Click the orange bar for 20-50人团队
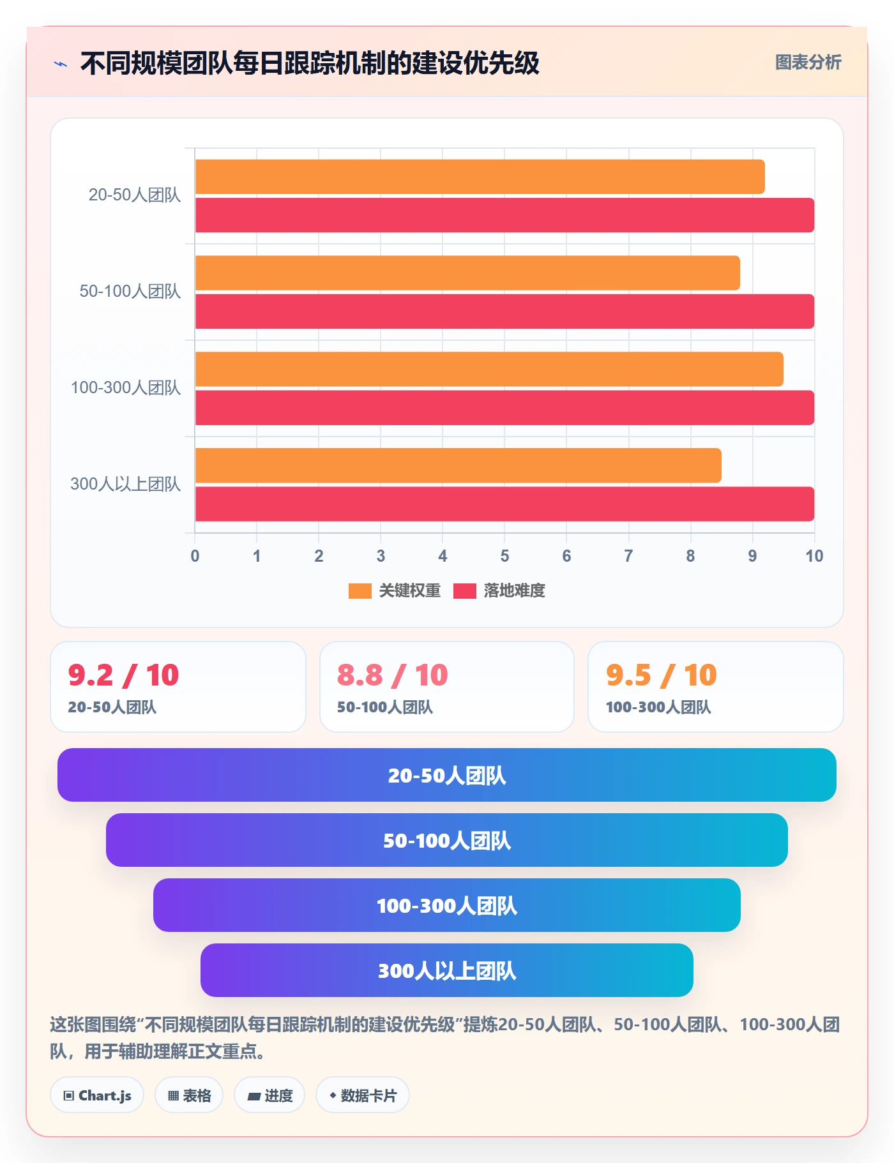point(480,177)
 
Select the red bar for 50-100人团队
point(504,311)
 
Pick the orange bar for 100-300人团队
point(489,369)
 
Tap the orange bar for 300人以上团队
point(458,465)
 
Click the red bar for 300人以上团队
point(504,504)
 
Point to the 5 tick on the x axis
point(504,556)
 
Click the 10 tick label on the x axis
point(814,556)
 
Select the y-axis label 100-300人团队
point(126,387)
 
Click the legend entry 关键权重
point(395,590)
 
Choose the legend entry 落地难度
point(499,590)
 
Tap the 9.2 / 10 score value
point(123,675)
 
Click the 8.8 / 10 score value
point(393,675)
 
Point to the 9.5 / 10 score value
point(662,675)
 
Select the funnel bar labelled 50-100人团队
point(447,840)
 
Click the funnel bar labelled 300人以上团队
point(447,970)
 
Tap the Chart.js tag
point(97,1095)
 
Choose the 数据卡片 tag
point(363,1095)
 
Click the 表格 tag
point(189,1095)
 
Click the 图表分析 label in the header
point(808,62)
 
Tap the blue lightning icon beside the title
point(61,64)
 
